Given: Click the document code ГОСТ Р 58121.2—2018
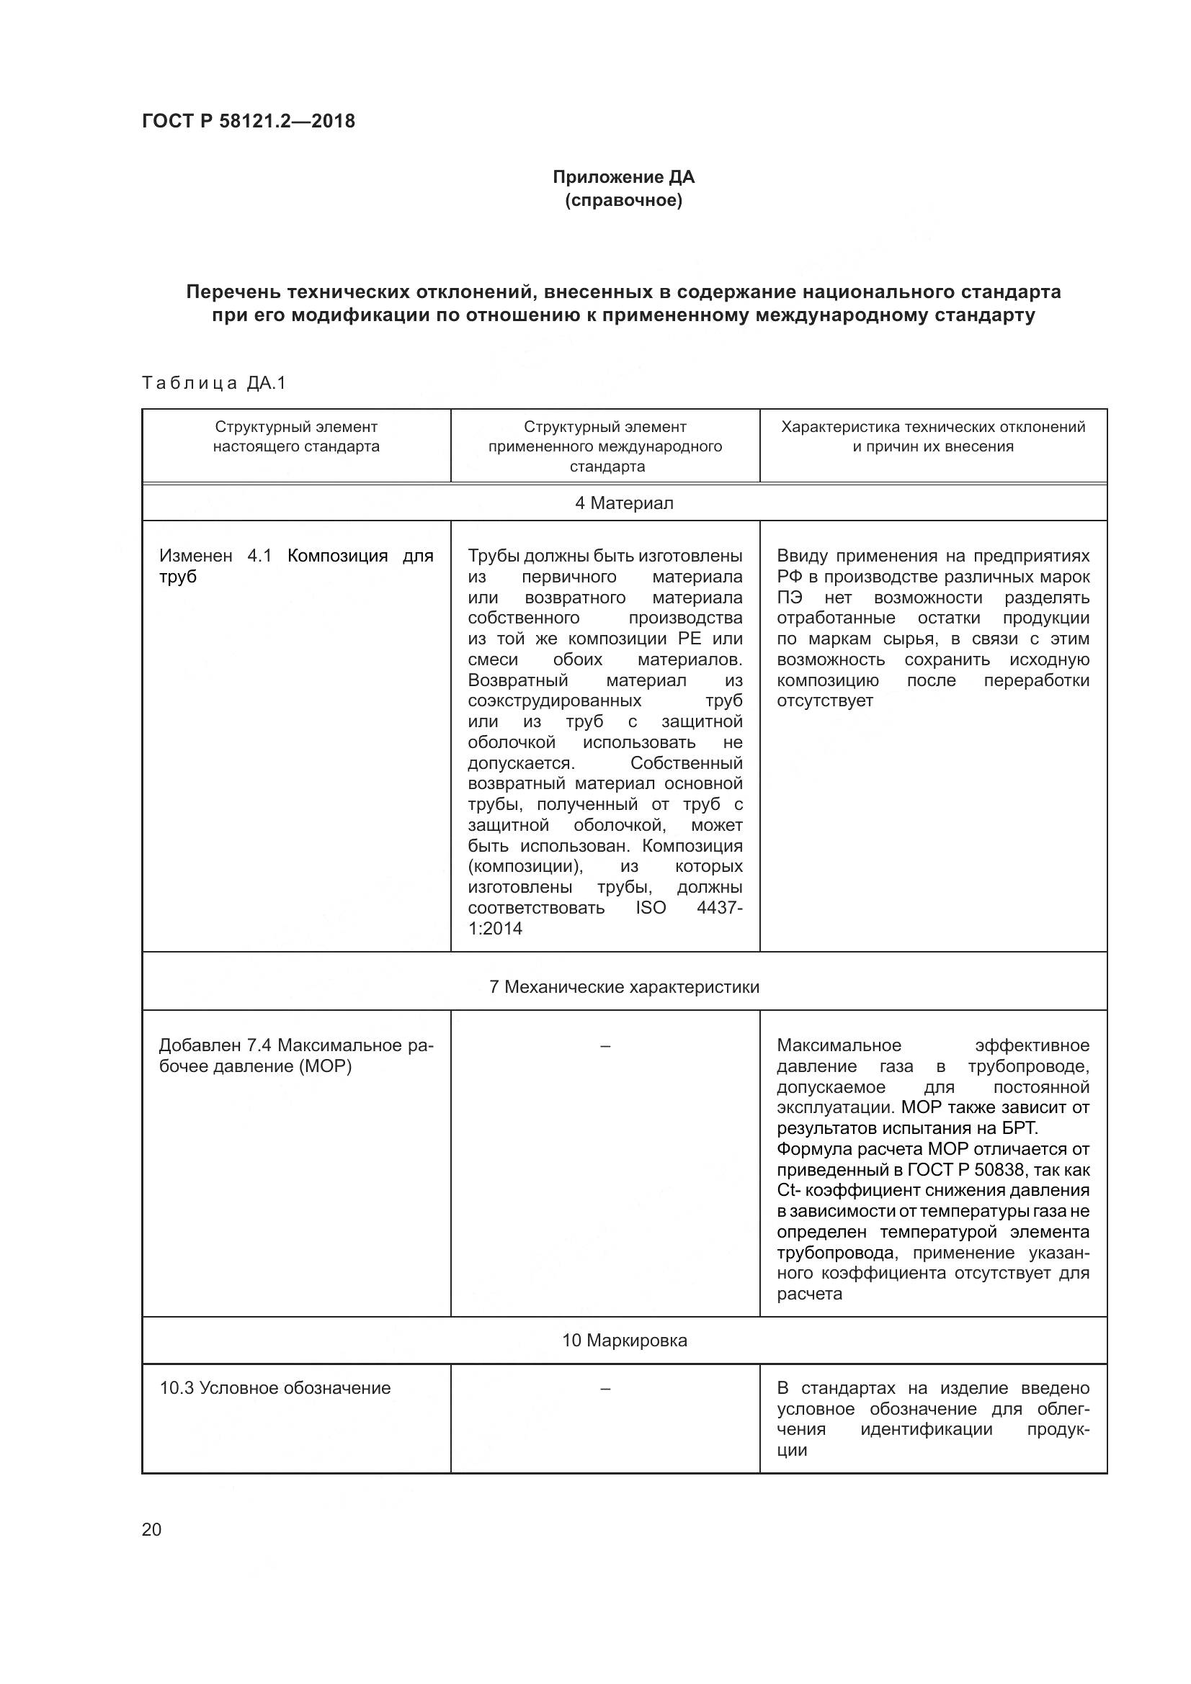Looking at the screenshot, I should pyautogui.click(x=248, y=121).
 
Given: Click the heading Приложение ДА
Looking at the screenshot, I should pyautogui.click(x=623, y=177).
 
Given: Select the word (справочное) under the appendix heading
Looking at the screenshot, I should pyautogui.click(x=623, y=200).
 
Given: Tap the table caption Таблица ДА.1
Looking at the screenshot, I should pyautogui.click(x=213, y=383).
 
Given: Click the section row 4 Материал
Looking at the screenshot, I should pyautogui.click(x=624, y=503).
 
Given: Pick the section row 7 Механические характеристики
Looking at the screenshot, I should pyautogui.click(x=624, y=986).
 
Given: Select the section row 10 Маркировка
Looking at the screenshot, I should pyautogui.click(x=624, y=1340).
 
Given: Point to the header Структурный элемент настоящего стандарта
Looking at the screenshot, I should pyautogui.click(x=296, y=436).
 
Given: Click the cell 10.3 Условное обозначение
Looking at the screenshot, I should pyautogui.click(x=275, y=1387).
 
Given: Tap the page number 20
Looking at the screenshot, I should pyautogui.click(x=152, y=1529).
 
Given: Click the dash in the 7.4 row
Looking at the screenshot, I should pyautogui.click(x=605, y=1045).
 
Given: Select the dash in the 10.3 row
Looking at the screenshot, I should pyautogui.click(x=605, y=1387).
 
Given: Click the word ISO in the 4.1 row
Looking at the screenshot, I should pyautogui.click(x=650, y=907).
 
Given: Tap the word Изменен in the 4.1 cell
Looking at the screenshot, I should pyautogui.click(x=195, y=556).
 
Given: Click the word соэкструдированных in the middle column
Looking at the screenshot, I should pyautogui.click(x=554, y=701).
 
